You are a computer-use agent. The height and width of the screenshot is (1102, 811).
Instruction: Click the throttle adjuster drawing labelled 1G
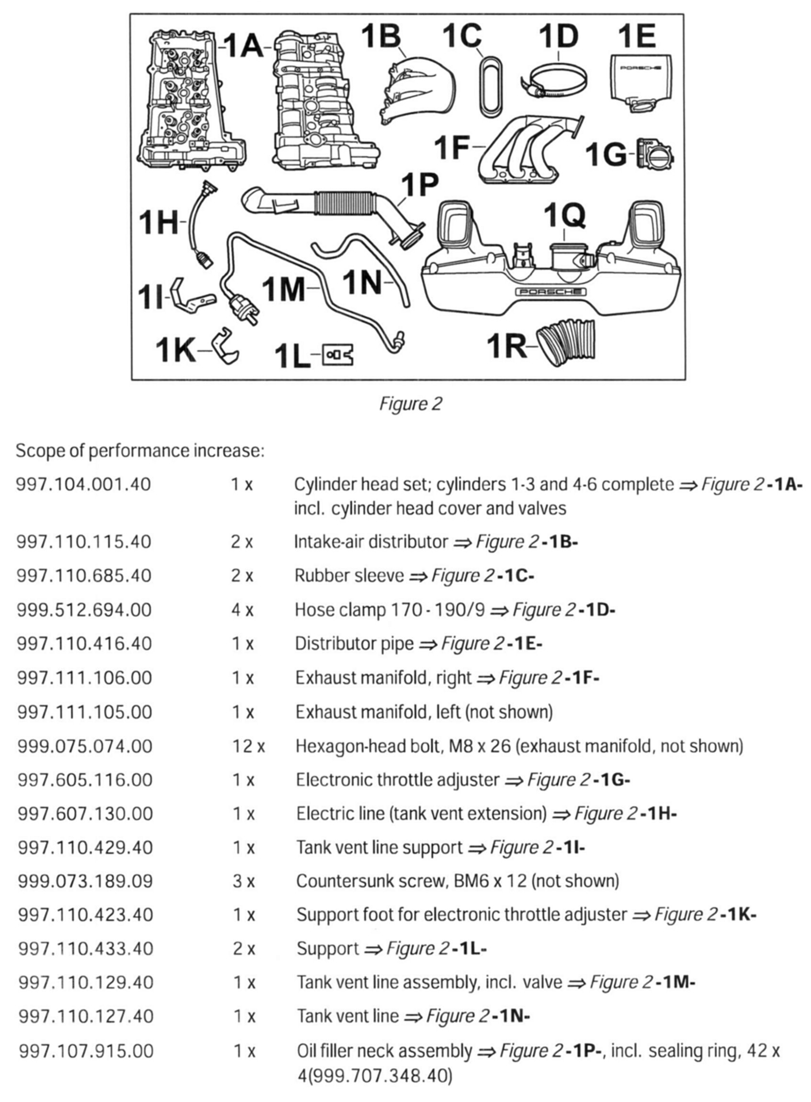(x=655, y=154)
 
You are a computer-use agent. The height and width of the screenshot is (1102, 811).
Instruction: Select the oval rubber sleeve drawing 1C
(x=490, y=87)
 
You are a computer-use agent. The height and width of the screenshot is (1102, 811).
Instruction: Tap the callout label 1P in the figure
(x=419, y=185)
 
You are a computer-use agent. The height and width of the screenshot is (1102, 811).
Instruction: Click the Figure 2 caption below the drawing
(x=411, y=404)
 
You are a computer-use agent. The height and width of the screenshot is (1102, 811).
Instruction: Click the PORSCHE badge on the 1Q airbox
(x=551, y=292)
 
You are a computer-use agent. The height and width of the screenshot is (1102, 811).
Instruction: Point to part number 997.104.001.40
(x=83, y=485)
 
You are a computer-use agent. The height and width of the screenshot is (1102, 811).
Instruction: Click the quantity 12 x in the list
(x=249, y=746)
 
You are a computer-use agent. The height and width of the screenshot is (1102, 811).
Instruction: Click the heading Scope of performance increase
(x=140, y=451)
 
